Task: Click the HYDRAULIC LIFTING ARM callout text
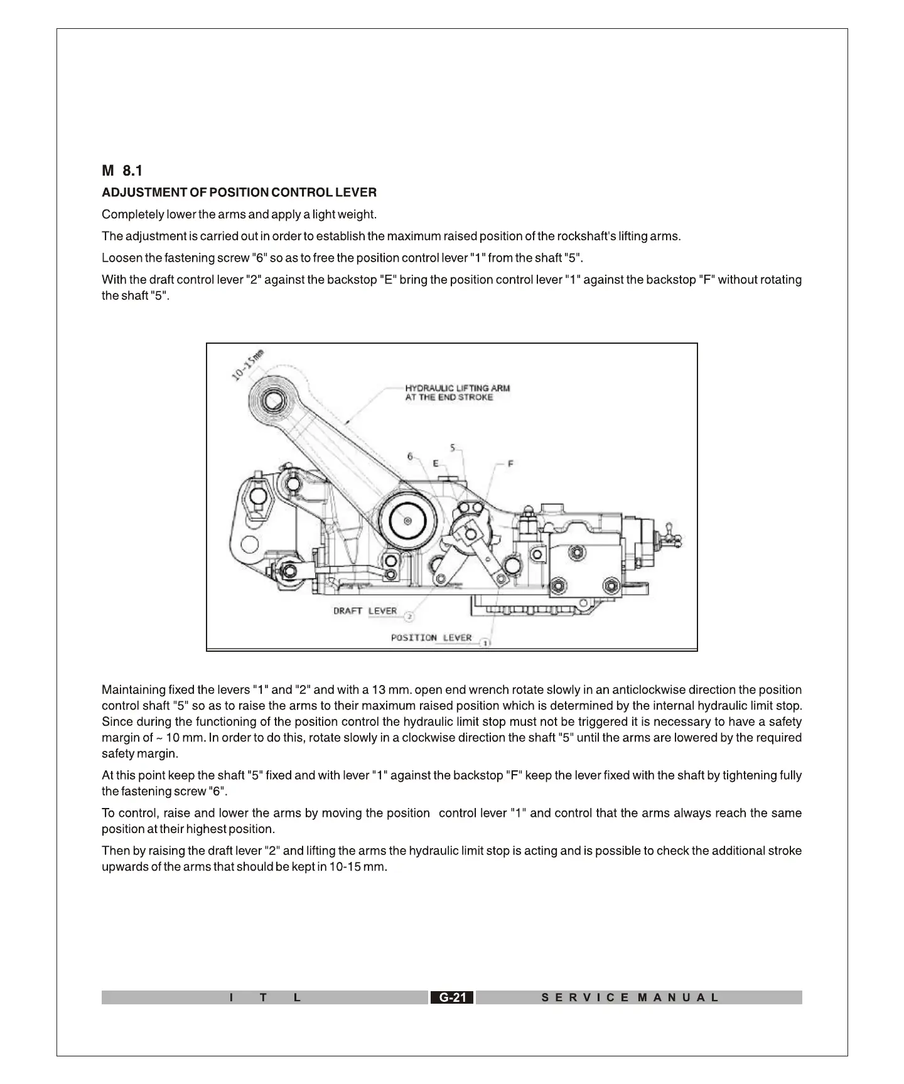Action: [457, 392]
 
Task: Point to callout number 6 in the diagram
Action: [411, 456]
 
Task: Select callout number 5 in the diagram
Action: [453, 448]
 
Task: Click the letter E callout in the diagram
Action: [435, 464]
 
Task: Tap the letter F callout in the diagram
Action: [510, 464]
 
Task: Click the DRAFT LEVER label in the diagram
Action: [365, 611]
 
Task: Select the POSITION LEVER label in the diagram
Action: [431, 638]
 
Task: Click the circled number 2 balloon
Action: [409, 616]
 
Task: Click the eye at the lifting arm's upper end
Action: [274, 400]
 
